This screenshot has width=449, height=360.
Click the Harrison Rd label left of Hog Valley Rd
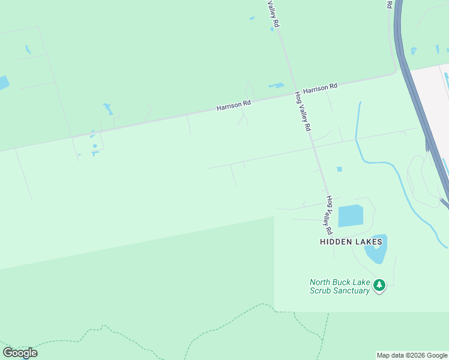click(x=234, y=106)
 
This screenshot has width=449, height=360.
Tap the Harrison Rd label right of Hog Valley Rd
click(x=320, y=88)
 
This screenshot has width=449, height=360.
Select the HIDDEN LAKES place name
click(x=351, y=242)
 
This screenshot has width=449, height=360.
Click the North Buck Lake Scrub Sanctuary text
click(x=339, y=286)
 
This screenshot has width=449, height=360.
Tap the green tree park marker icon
click(x=379, y=286)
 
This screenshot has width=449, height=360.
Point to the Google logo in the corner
click(x=20, y=352)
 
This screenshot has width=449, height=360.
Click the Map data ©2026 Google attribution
click(x=412, y=355)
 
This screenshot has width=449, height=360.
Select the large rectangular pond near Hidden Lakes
click(x=351, y=216)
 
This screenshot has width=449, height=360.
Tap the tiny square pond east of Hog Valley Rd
click(x=339, y=169)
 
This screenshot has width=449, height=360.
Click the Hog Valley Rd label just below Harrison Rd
click(x=303, y=112)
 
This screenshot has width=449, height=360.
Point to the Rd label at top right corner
click(x=390, y=4)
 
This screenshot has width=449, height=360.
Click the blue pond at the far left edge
click(x=3, y=83)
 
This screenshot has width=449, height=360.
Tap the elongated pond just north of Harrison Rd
click(x=276, y=86)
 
